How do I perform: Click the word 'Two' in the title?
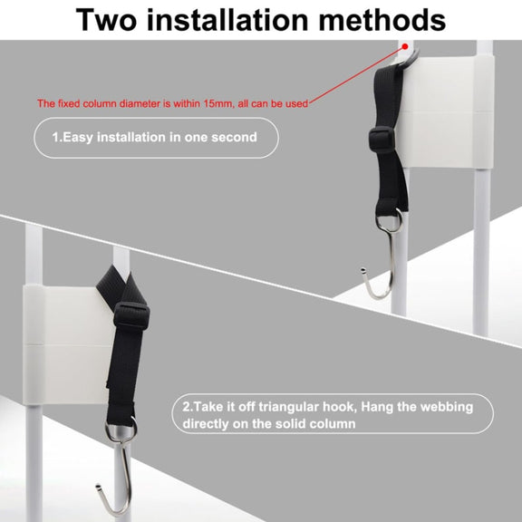106,20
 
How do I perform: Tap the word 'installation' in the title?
227,20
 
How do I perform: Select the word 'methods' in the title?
382,20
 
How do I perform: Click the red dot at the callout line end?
405,46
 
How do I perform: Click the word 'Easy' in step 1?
78,138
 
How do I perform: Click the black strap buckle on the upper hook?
382,140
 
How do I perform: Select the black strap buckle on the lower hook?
131,316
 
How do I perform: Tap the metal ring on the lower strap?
121,431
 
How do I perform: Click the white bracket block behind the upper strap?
447,111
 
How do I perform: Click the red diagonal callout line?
357,75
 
